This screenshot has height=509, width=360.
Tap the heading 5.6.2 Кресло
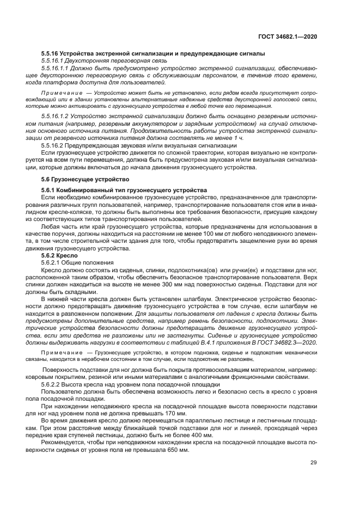59,255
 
